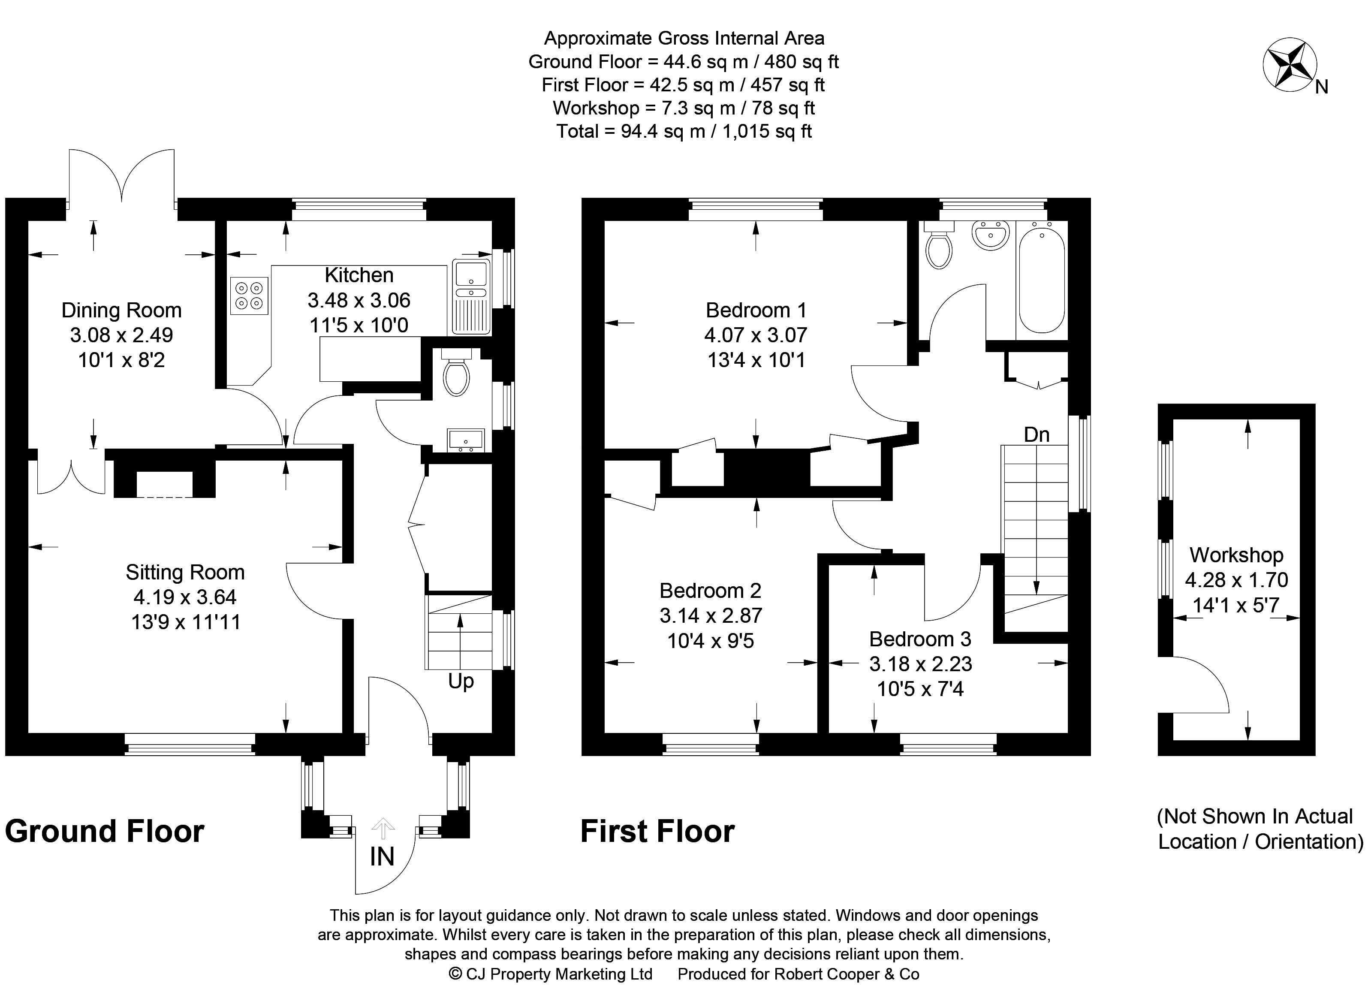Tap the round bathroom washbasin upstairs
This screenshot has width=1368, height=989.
(x=991, y=236)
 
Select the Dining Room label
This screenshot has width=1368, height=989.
(x=121, y=310)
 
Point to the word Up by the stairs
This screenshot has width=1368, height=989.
(x=461, y=681)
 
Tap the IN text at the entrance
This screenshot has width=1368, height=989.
(x=382, y=857)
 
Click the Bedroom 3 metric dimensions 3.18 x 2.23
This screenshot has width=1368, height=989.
(x=920, y=664)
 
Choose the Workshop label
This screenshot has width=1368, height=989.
(x=1236, y=555)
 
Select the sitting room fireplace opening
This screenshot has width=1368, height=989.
(x=165, y=484)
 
